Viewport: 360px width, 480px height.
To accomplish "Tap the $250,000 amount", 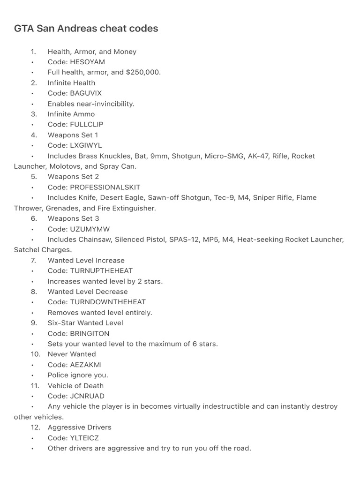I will tap(143, 72).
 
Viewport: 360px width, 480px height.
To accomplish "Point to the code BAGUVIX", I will tap(86, 93).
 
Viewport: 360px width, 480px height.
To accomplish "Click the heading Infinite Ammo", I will tap(71, 114).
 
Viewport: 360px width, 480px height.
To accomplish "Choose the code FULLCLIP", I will tap(87, 125).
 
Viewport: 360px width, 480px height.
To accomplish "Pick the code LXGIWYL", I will tap(86, 145).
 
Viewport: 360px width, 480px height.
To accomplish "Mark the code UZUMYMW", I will tap(90, 229).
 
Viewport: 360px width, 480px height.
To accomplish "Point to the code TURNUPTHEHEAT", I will tap(101, 271).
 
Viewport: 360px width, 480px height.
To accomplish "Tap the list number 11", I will tap(35, 386).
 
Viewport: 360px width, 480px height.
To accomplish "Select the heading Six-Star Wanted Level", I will tap(85, 323).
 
